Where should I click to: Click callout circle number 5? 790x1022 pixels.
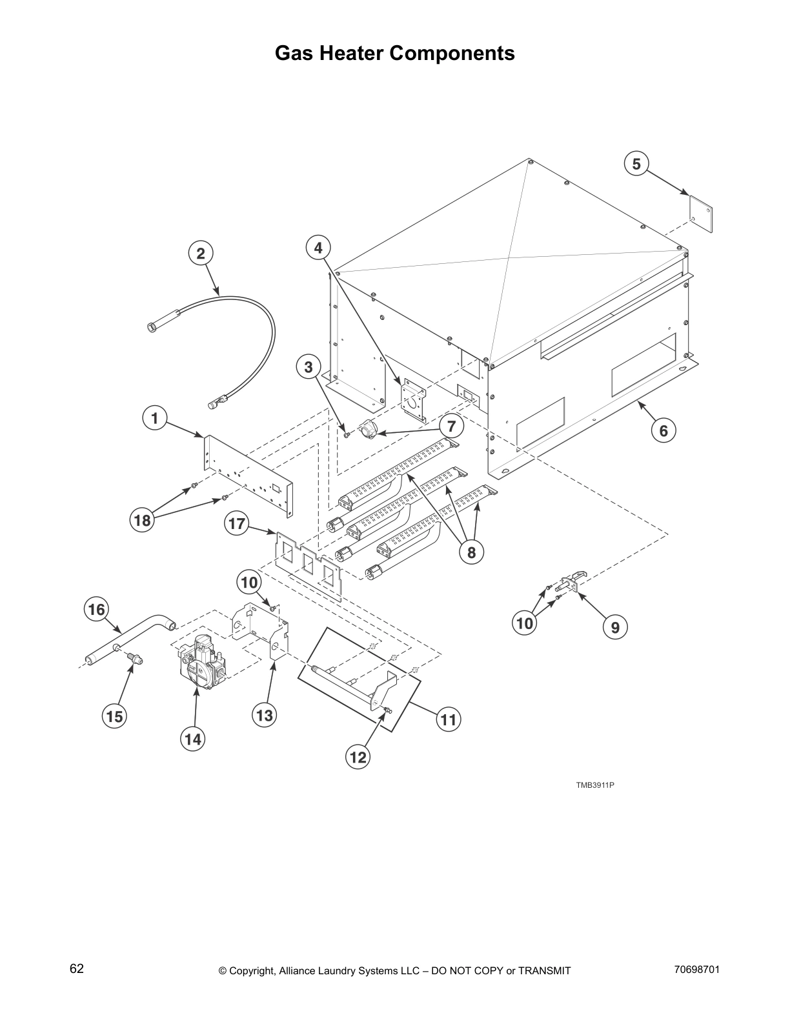point(636,164)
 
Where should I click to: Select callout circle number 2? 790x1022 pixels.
point(201,254)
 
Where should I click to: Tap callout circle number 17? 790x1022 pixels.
point(238,523)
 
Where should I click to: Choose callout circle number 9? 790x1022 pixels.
point(615,626)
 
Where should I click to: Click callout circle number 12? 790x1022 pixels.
point(358,757)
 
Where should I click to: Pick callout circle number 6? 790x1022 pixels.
point(663,430)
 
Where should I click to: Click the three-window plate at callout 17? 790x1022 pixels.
point(308,565)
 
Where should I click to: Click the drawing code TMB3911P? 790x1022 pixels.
point(595,785)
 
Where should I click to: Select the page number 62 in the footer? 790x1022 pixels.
point(77,968)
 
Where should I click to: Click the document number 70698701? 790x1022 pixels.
point(696,969)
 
